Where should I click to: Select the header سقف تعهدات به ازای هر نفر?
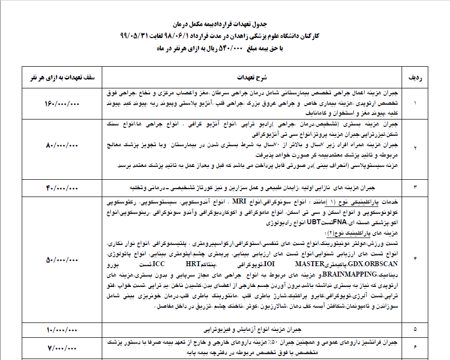click(63, 78)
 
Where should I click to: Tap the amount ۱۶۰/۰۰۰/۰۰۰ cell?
click(63, 104)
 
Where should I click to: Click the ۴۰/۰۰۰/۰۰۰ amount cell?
click(63, 188)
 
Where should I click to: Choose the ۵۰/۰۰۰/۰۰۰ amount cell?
click(63, 259)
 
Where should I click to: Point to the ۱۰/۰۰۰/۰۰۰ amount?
click(63, 328)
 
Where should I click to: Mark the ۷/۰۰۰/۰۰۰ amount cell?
click(63, 348)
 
